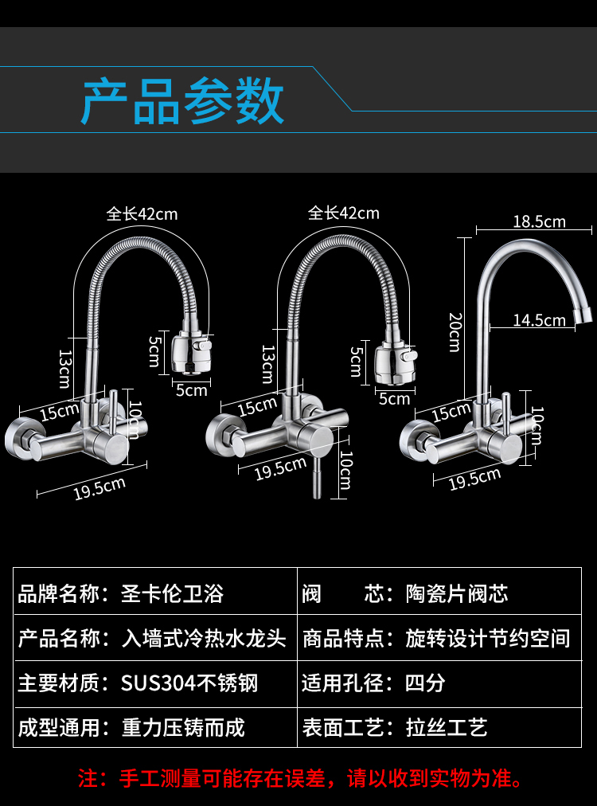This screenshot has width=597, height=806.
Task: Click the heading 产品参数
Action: coord(182,101)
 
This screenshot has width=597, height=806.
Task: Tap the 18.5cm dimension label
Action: coord(539,221)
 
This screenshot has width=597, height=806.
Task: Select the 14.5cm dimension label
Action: coord(539,320)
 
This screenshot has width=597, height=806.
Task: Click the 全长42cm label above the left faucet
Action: coord(142,213)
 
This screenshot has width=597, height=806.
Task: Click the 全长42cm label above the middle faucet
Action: coord(344,213)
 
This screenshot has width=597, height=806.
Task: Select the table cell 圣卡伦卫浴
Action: coord(172,593)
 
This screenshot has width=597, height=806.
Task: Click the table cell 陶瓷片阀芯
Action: coord(456,593)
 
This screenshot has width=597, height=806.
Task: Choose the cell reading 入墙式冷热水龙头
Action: coord(203,638)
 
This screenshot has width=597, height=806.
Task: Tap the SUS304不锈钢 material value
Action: coord(189,683)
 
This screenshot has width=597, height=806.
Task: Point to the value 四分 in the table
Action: coord(425,683)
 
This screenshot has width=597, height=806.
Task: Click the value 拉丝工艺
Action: coord(446,727)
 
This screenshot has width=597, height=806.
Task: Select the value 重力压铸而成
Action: coord(183,727)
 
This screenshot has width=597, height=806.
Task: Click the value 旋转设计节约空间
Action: coord(487,638)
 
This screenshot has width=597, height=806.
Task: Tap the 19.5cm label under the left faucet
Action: coord(99,487)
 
